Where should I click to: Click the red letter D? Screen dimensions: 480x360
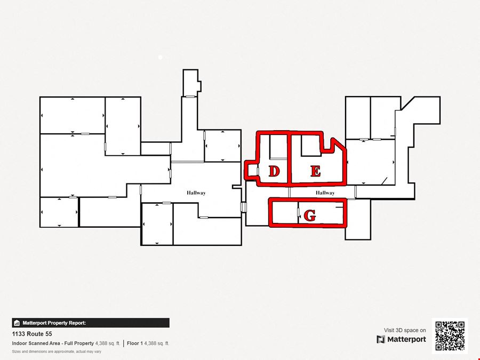click(274, 171)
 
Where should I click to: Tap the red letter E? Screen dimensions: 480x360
click(316, 171)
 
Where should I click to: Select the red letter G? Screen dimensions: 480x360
click(310, 215)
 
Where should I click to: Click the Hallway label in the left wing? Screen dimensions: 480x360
click(196, 193)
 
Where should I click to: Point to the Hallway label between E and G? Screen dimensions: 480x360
click(325, 193)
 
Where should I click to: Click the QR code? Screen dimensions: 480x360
click(450, 336)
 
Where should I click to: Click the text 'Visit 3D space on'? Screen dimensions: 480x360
click(405, 330)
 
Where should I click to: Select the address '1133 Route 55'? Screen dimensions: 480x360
click(32, 334)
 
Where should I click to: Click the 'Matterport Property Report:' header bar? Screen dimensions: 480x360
click(91, 323)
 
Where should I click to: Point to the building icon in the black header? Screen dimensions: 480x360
click(17, 323)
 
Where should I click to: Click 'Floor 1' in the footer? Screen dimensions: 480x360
click(135, 343)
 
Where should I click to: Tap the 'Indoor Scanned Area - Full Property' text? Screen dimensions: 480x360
click(53, 343)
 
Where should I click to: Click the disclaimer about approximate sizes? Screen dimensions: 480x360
click(57, 351)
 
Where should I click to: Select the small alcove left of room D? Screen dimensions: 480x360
click(252, 171)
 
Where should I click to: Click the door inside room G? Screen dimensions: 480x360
click(299, 212)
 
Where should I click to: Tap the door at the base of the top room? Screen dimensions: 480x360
click(190, 97)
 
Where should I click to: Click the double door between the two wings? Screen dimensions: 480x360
click(243, 207)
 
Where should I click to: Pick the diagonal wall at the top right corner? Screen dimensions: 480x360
click(408, 103)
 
